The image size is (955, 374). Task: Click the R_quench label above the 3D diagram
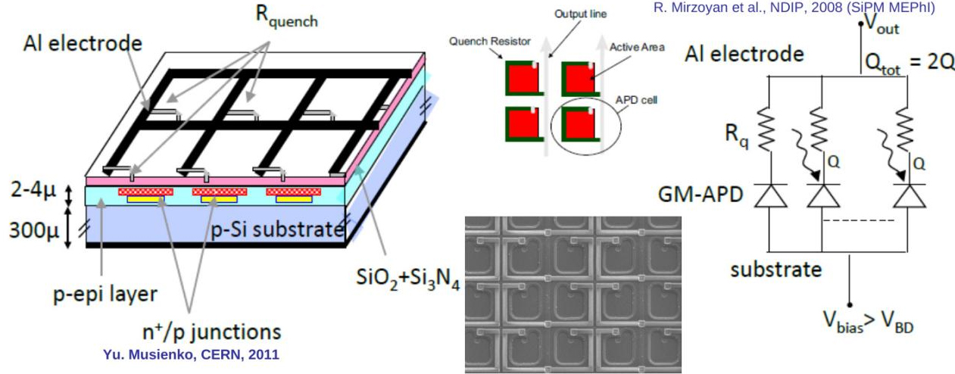point(290,18)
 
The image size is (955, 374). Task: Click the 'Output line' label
point(577,14)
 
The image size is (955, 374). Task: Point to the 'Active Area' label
point(637,47)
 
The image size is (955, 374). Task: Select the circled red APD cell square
point(582,124)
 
